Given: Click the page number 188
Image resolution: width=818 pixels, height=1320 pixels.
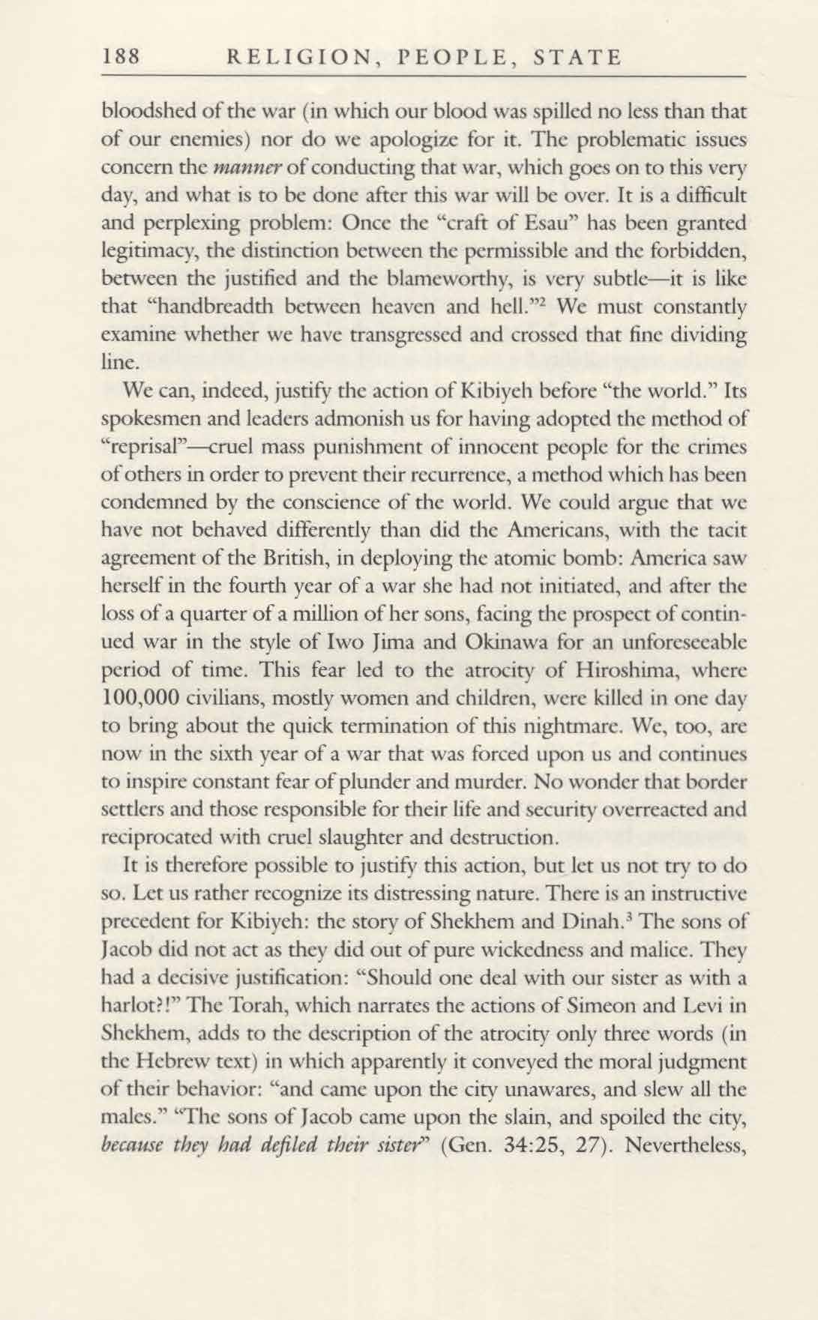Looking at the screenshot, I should click(x=121, y=57).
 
